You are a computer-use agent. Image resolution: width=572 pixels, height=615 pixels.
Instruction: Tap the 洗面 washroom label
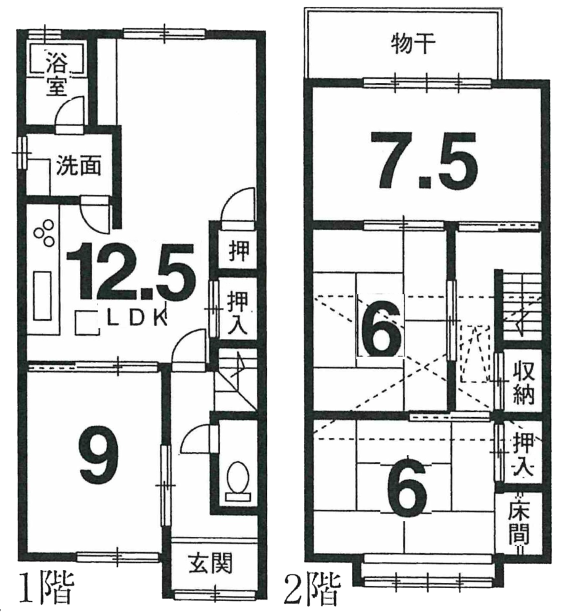[79, 166]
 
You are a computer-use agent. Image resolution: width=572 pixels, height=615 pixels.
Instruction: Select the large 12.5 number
[131, 271]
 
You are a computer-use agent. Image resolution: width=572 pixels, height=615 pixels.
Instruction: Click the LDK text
[137, 319]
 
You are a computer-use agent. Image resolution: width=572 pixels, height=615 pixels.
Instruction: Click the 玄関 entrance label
[210, 563]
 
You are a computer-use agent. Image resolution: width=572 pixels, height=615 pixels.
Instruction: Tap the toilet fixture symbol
[237, 481]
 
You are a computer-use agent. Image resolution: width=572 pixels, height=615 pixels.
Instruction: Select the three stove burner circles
[44, 232]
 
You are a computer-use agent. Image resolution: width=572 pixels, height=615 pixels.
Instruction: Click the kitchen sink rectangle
[42, 296]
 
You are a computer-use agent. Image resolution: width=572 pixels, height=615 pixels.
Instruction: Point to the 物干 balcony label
[413, 44]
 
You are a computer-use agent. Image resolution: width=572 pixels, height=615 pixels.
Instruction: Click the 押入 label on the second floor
[523, 453]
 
